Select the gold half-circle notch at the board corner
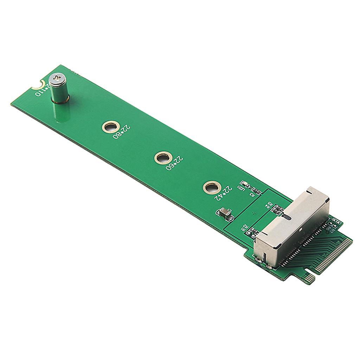(x=37, y=84)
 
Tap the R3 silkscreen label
(x=252, y=194)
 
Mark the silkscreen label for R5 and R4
(x=269, y=206)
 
